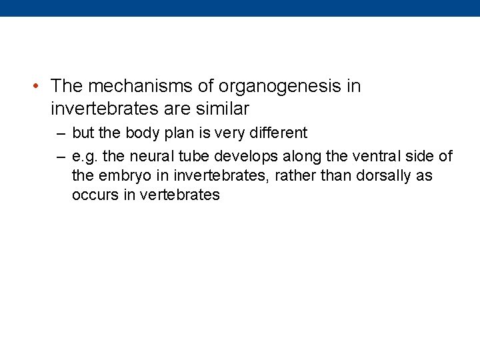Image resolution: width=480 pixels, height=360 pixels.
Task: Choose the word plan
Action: click(x=177, y=133)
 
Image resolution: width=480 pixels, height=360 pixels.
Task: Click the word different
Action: click(x=277, y=133)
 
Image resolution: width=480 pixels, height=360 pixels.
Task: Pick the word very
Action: click(x=227, y=133)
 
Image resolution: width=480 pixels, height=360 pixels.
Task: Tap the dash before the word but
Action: click(x=61, y=133)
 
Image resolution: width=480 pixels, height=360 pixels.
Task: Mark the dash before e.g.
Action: click(x=61, y=157)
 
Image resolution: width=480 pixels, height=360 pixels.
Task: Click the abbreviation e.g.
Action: click(x=85, y=157)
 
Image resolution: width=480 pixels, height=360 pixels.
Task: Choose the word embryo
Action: click(x=123, y=177)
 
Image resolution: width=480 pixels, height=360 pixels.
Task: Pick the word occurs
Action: click(x=93, y=196)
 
